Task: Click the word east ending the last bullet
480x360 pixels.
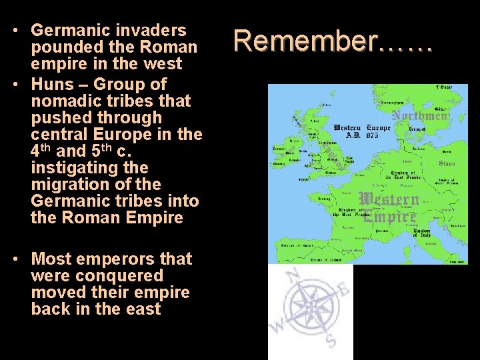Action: (142, 309)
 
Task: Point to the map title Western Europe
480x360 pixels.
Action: (361, 128)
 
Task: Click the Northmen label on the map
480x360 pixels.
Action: (420, 116)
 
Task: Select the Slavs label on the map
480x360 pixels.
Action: (447, 163)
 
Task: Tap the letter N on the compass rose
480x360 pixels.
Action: (292, 274)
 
